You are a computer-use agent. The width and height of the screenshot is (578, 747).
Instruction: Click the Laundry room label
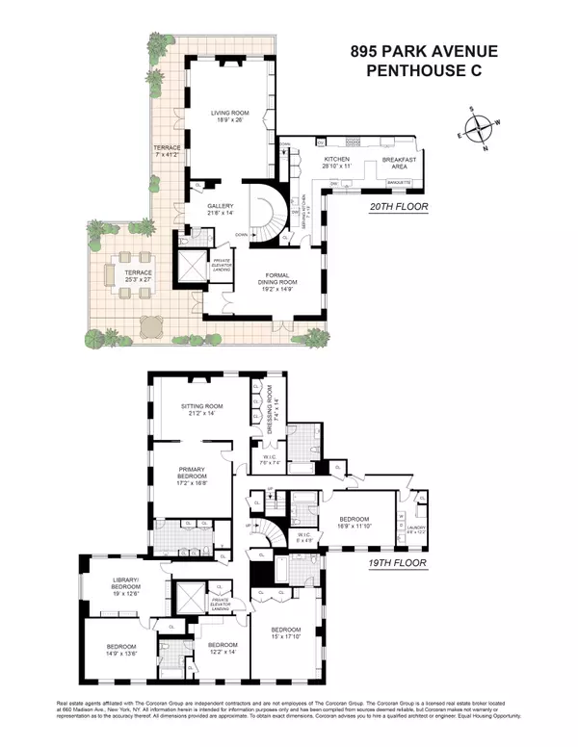coord(416,528)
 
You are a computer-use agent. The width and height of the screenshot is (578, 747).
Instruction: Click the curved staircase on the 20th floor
coord(263,207)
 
